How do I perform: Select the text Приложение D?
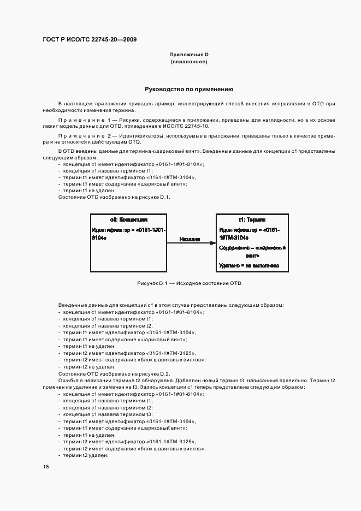pos(189,55)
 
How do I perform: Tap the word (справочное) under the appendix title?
pos(189,62)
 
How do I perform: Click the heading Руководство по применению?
pos(189,88)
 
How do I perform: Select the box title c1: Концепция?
pos(129,219)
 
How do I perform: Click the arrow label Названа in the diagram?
pos(190,239)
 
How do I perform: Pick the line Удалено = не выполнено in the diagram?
pos(249,265)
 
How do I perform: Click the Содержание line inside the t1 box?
pos(252,251)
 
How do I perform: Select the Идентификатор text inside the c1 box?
pos(128,234)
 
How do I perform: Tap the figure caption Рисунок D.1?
pos(189,283)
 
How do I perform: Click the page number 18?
pos(45,467)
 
